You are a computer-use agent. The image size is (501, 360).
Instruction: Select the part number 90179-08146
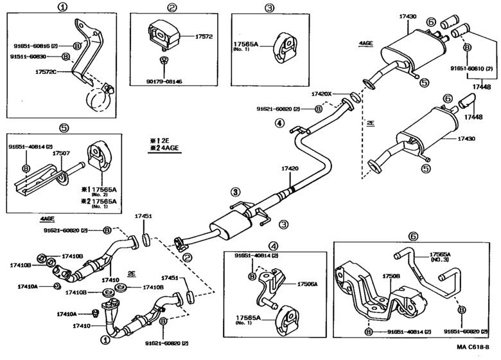coord(164,82)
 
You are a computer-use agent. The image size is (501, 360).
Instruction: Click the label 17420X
coord(322,93)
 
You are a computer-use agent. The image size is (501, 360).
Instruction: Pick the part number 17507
coord(61,154)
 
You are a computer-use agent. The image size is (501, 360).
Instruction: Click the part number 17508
coord(392,276)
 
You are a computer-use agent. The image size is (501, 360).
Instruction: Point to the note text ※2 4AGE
coord(164,148)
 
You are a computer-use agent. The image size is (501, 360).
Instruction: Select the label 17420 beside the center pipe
coord(290,168)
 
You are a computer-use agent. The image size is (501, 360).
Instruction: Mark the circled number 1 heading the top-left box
coord(62,8)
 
